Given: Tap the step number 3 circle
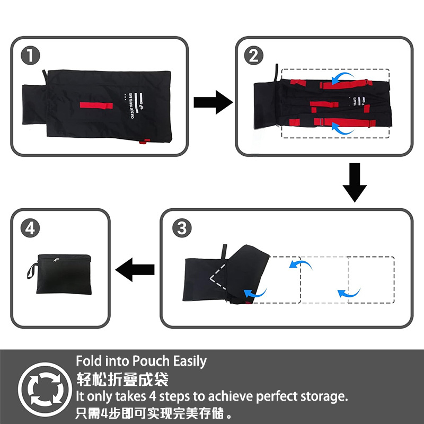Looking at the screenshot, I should pos(181,228).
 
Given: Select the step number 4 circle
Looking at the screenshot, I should pos(30,228).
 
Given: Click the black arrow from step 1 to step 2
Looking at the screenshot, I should pos(212,102).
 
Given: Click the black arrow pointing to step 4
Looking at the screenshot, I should pos(135,270).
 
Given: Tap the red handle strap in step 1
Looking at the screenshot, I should pos(97,105).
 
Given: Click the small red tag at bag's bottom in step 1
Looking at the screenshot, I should pos(142,142).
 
